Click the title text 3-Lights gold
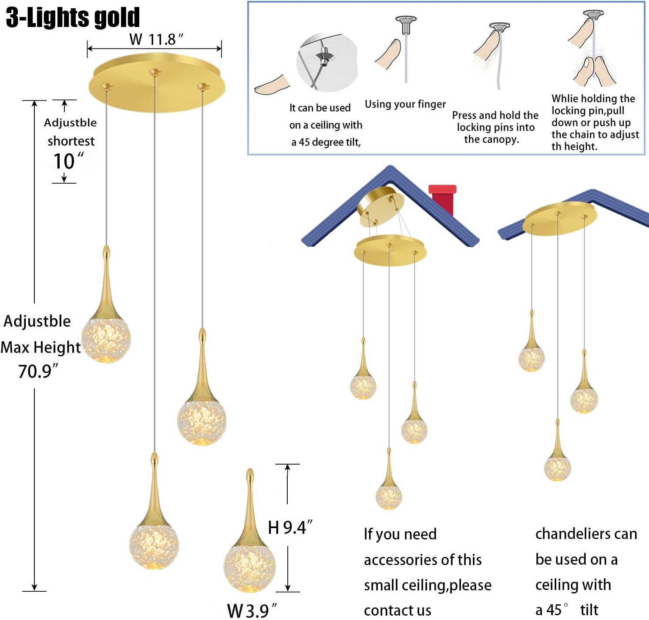pos(73,18)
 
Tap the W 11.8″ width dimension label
pos(156,40)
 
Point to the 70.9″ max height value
pos(37,371)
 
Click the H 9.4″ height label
pos(289,527)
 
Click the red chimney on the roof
pos(442,198)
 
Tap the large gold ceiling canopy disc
pos(157,83)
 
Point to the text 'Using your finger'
pos(405,104)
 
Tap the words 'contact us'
pos(397,610)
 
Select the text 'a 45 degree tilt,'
pos(326,142)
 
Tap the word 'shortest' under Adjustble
pos(71,141)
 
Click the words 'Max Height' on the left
pos(40,347)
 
